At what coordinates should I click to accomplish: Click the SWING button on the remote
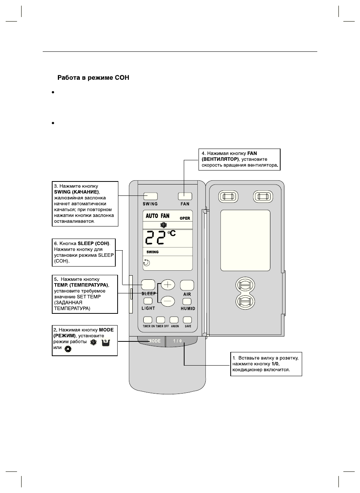click(150, 196)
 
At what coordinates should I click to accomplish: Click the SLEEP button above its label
click(149, 285)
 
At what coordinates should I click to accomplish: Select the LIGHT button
click(148, 301)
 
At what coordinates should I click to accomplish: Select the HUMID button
click(187, 301)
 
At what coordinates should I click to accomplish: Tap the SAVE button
click(188, 319)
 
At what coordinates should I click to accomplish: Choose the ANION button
click(174, 319)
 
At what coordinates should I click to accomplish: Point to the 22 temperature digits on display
click(155, 238)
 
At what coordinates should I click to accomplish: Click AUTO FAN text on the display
click(157, 216)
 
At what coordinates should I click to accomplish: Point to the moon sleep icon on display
click(147, 263)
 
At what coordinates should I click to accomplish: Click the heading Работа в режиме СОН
click(93, 78)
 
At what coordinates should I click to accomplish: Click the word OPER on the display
click(185, 218)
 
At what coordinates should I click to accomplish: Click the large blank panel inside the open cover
click(245, 241)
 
